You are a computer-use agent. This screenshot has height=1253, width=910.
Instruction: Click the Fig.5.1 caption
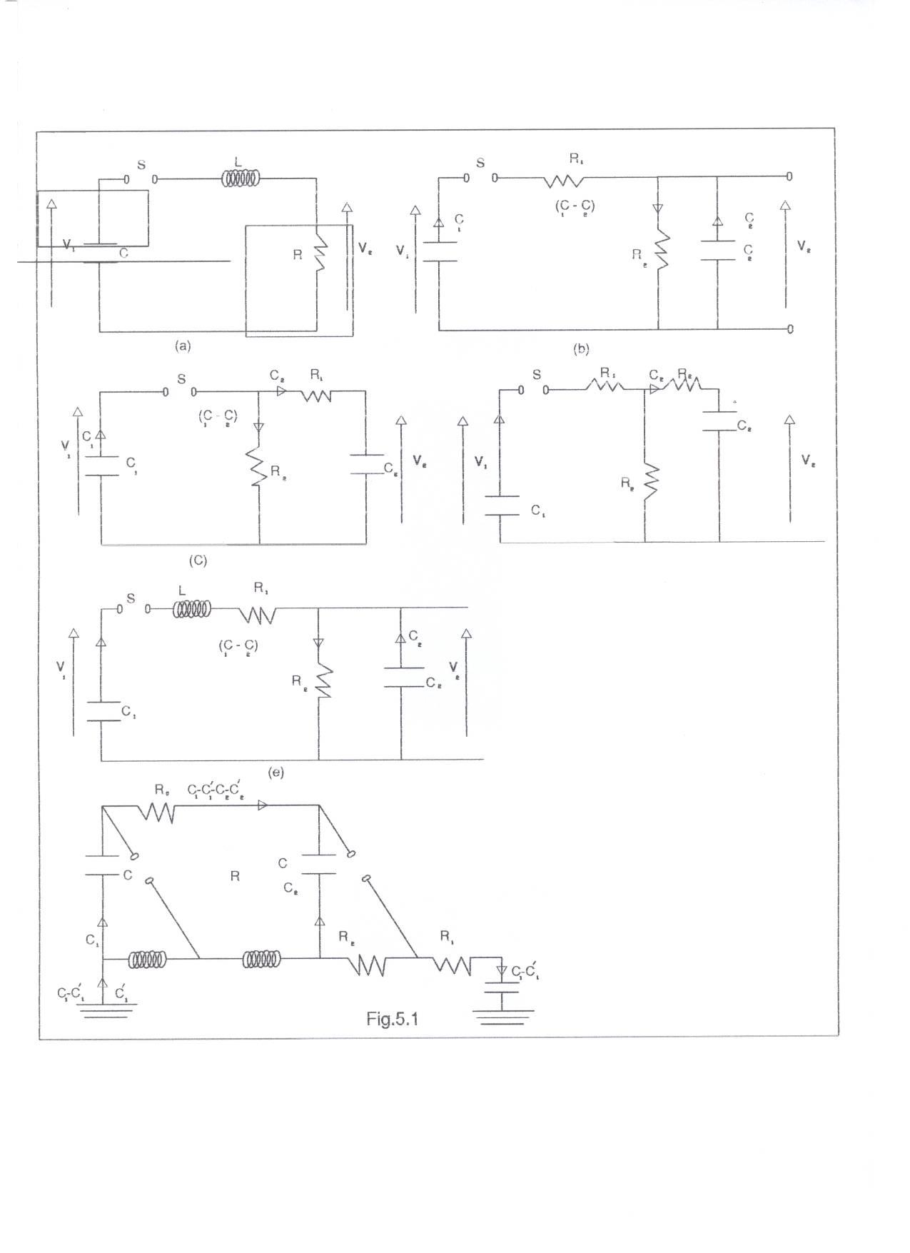[x=392, y=1019]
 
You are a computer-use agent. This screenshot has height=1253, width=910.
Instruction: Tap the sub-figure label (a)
[x=183, y=346]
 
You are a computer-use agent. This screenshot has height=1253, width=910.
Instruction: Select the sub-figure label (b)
[x=580, y=348]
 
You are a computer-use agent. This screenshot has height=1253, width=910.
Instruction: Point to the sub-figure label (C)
[x=198, y=560]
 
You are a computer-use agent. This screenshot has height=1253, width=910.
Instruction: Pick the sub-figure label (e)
[x=275, y=773]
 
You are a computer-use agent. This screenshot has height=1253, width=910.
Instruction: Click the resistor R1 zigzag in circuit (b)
[x=564, y=181]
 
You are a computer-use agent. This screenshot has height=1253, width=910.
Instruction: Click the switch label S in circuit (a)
[x=141, y=165]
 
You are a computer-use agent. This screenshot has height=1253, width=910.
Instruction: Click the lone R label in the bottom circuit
[x=235, y=876]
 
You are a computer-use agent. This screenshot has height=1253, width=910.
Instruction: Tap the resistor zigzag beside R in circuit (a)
[x=320, y=254]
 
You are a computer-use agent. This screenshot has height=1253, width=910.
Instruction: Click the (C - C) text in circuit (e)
[x=238, y=645]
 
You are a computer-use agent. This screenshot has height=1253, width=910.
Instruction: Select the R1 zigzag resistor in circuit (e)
[x=257, y=614]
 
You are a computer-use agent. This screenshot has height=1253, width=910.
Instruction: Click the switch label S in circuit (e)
[x=131, y=599]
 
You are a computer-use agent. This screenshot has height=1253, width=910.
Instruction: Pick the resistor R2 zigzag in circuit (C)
[x=258, y=467]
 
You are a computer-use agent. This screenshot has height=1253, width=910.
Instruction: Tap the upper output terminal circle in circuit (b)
[x=789, y=176]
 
